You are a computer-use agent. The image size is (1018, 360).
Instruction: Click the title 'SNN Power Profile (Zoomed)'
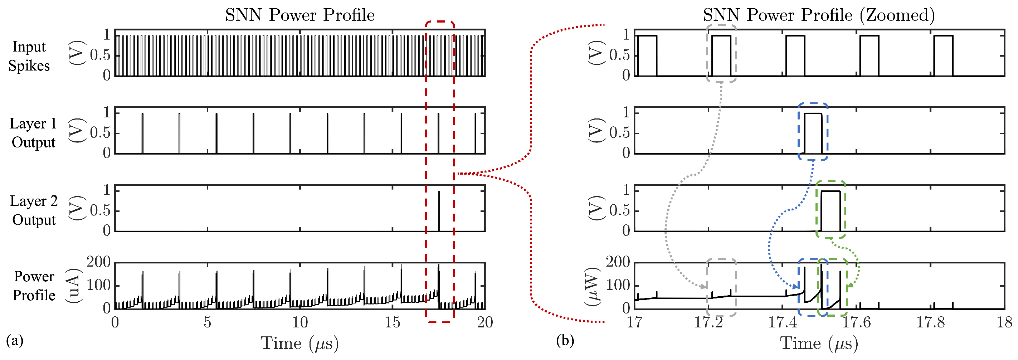(x=819, y=15)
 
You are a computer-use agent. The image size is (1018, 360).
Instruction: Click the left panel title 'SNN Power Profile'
(x=299, y=15)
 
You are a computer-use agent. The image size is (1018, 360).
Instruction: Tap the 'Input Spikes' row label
(x=29, y=56)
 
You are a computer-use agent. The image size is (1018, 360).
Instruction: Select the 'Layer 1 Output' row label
(x=33, y=133)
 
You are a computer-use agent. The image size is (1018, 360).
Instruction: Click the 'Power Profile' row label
(x=34, y=286)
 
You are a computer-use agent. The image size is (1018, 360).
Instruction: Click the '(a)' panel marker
(x=15, y=340)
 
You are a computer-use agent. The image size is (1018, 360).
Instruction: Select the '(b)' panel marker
(x=565, y=340)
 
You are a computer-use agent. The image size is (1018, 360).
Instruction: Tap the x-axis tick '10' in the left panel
(x=300, y=322)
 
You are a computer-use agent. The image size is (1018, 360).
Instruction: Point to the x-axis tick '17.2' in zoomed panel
(x=708, y=322)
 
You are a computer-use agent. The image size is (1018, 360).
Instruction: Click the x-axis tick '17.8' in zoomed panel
(x=931, y=322)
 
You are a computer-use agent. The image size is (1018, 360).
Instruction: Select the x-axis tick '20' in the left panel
(x=485, y=322)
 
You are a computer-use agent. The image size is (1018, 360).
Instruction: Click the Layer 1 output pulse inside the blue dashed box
(x=813, y=132)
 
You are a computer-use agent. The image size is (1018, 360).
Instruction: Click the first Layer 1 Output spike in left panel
(x=142, y=133)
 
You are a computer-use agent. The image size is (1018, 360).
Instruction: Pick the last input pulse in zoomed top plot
(x=943, y=55)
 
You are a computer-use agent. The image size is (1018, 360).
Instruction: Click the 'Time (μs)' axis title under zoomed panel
(x=819, y=343)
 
